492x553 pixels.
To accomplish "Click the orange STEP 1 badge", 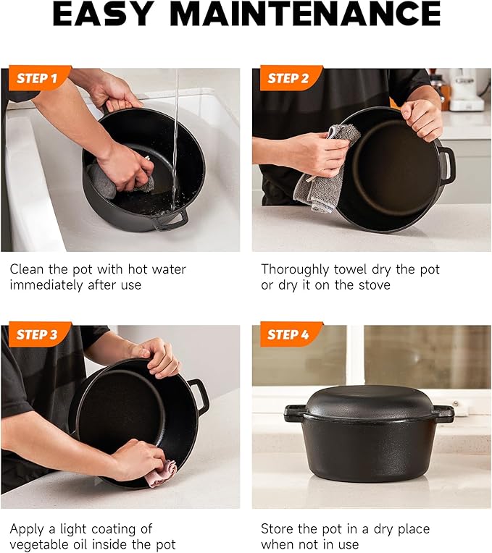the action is point(38,78).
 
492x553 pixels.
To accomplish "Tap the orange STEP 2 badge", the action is point(289,78).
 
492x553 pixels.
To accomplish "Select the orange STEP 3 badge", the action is point(38,334).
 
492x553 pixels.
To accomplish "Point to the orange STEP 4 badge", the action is point(289,334).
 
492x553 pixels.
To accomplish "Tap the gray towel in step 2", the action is point(323,169).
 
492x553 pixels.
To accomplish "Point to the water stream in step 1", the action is point(175,139).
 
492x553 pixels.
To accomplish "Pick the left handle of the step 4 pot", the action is point(294,413).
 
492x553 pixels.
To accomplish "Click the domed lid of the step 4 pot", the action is point(370,402).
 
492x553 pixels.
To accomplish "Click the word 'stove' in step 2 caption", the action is point(375,284).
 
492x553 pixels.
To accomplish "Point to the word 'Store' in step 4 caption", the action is point(277,528).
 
